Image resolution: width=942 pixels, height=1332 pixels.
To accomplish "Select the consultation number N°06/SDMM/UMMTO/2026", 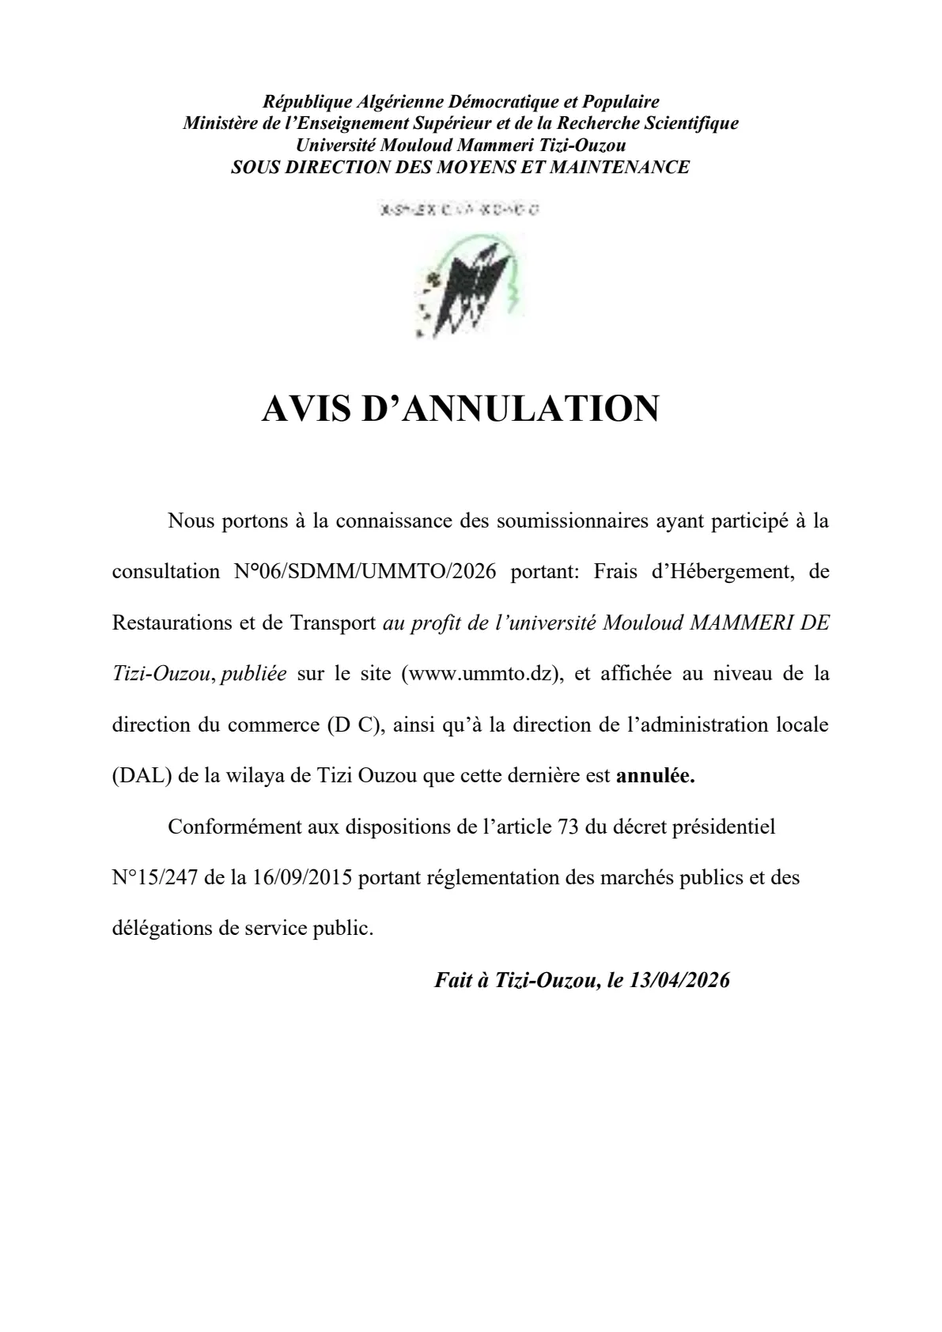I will pos(365,572).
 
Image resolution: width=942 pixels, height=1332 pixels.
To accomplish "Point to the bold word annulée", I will pos(656,776).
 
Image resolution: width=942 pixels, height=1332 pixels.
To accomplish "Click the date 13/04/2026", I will pos(679,980).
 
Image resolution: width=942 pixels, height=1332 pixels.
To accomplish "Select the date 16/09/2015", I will pos(303,878).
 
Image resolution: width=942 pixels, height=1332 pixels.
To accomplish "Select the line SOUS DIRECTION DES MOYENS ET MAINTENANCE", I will pos(460,167).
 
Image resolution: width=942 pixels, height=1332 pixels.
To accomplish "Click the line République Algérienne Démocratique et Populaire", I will pos(460,101).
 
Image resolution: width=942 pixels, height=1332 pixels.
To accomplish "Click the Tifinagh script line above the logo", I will pos(460,210).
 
